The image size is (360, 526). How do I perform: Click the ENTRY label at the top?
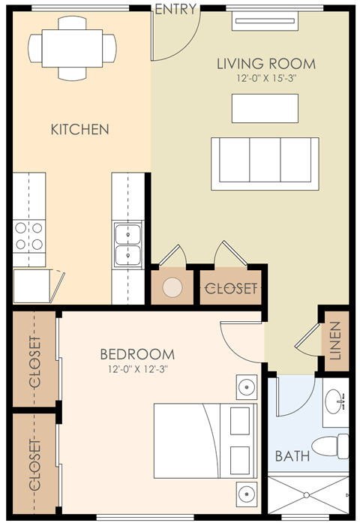(175, 10)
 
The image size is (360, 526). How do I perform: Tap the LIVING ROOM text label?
(266, 63)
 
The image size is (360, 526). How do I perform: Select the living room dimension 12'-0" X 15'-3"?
(266, 77)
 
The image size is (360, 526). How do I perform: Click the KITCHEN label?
(79, 129)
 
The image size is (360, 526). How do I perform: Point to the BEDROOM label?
(137, 354)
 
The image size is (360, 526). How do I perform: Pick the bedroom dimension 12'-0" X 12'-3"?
(137, 368)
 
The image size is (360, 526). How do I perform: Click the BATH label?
(292, 455)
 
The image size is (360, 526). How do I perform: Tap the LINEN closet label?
(335, 341)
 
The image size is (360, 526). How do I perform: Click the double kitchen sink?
(128, 245)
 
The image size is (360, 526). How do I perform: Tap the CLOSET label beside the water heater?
(231, 288)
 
